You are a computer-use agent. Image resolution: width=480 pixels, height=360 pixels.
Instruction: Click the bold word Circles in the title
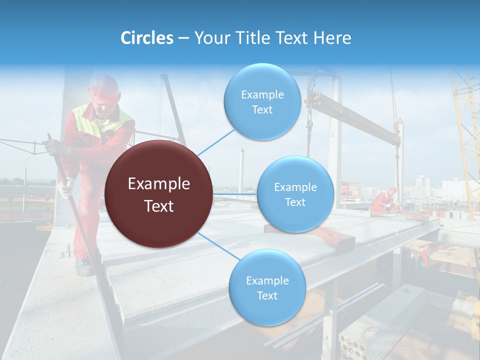pyautogui.click(x=147, y=38)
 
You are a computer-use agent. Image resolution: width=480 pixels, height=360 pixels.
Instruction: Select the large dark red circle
pyautogui.click(x=159, y=194)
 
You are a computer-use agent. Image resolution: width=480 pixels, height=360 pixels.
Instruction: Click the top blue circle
pyautogui.click(x=262, y=102)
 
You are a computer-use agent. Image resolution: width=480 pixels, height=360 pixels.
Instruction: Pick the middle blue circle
pyautogui.click(x=295, y=194)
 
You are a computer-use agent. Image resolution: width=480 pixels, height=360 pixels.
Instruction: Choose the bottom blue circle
pyautogui.click(x=267, y=288)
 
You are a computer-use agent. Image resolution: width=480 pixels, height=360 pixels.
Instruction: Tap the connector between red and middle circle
pyautogui.click(x=235, y=194)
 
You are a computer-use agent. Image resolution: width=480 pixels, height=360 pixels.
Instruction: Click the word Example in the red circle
pyautogui.click(x=159, y=184)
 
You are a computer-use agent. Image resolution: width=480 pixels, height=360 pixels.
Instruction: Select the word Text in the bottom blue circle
pyautogui.click(x=267, y=295)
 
